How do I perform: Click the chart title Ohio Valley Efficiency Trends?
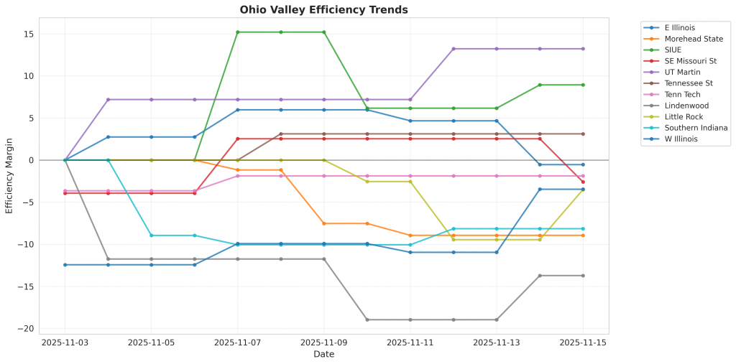(323, 10)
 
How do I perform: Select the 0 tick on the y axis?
(32, 159)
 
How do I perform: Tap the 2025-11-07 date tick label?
(237, 343)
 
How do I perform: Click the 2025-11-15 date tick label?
(582, 343)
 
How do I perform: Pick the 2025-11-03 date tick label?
(65, 343)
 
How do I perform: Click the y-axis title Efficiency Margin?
(9, 176)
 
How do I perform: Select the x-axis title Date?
(323, 354)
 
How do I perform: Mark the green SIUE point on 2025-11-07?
(238, 32)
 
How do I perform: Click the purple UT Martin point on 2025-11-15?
(583, 49)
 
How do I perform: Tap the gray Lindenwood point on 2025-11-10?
(367, 319)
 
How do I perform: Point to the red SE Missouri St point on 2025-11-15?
(583, 182)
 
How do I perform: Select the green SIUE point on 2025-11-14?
(540, 85)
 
